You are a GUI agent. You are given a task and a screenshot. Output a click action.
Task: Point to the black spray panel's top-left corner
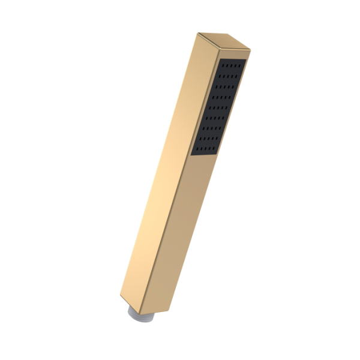point(221,58)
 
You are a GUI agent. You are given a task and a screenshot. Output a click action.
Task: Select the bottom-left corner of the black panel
point(193,155)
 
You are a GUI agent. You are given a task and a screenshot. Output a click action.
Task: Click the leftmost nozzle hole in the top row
point(223,66)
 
